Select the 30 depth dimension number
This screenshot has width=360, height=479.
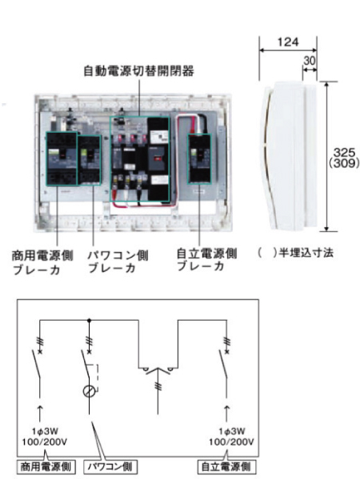tap(309, 58)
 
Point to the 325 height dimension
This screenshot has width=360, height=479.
tap(346, 151)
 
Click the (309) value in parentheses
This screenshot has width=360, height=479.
tap(346, 163)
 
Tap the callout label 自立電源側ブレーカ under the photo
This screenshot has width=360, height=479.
tap(206, 259)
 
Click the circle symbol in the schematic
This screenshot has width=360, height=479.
tap(90, 393)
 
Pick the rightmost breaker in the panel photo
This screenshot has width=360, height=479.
tap(200, 159)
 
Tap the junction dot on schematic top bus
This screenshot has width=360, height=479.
tap(89, 319)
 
